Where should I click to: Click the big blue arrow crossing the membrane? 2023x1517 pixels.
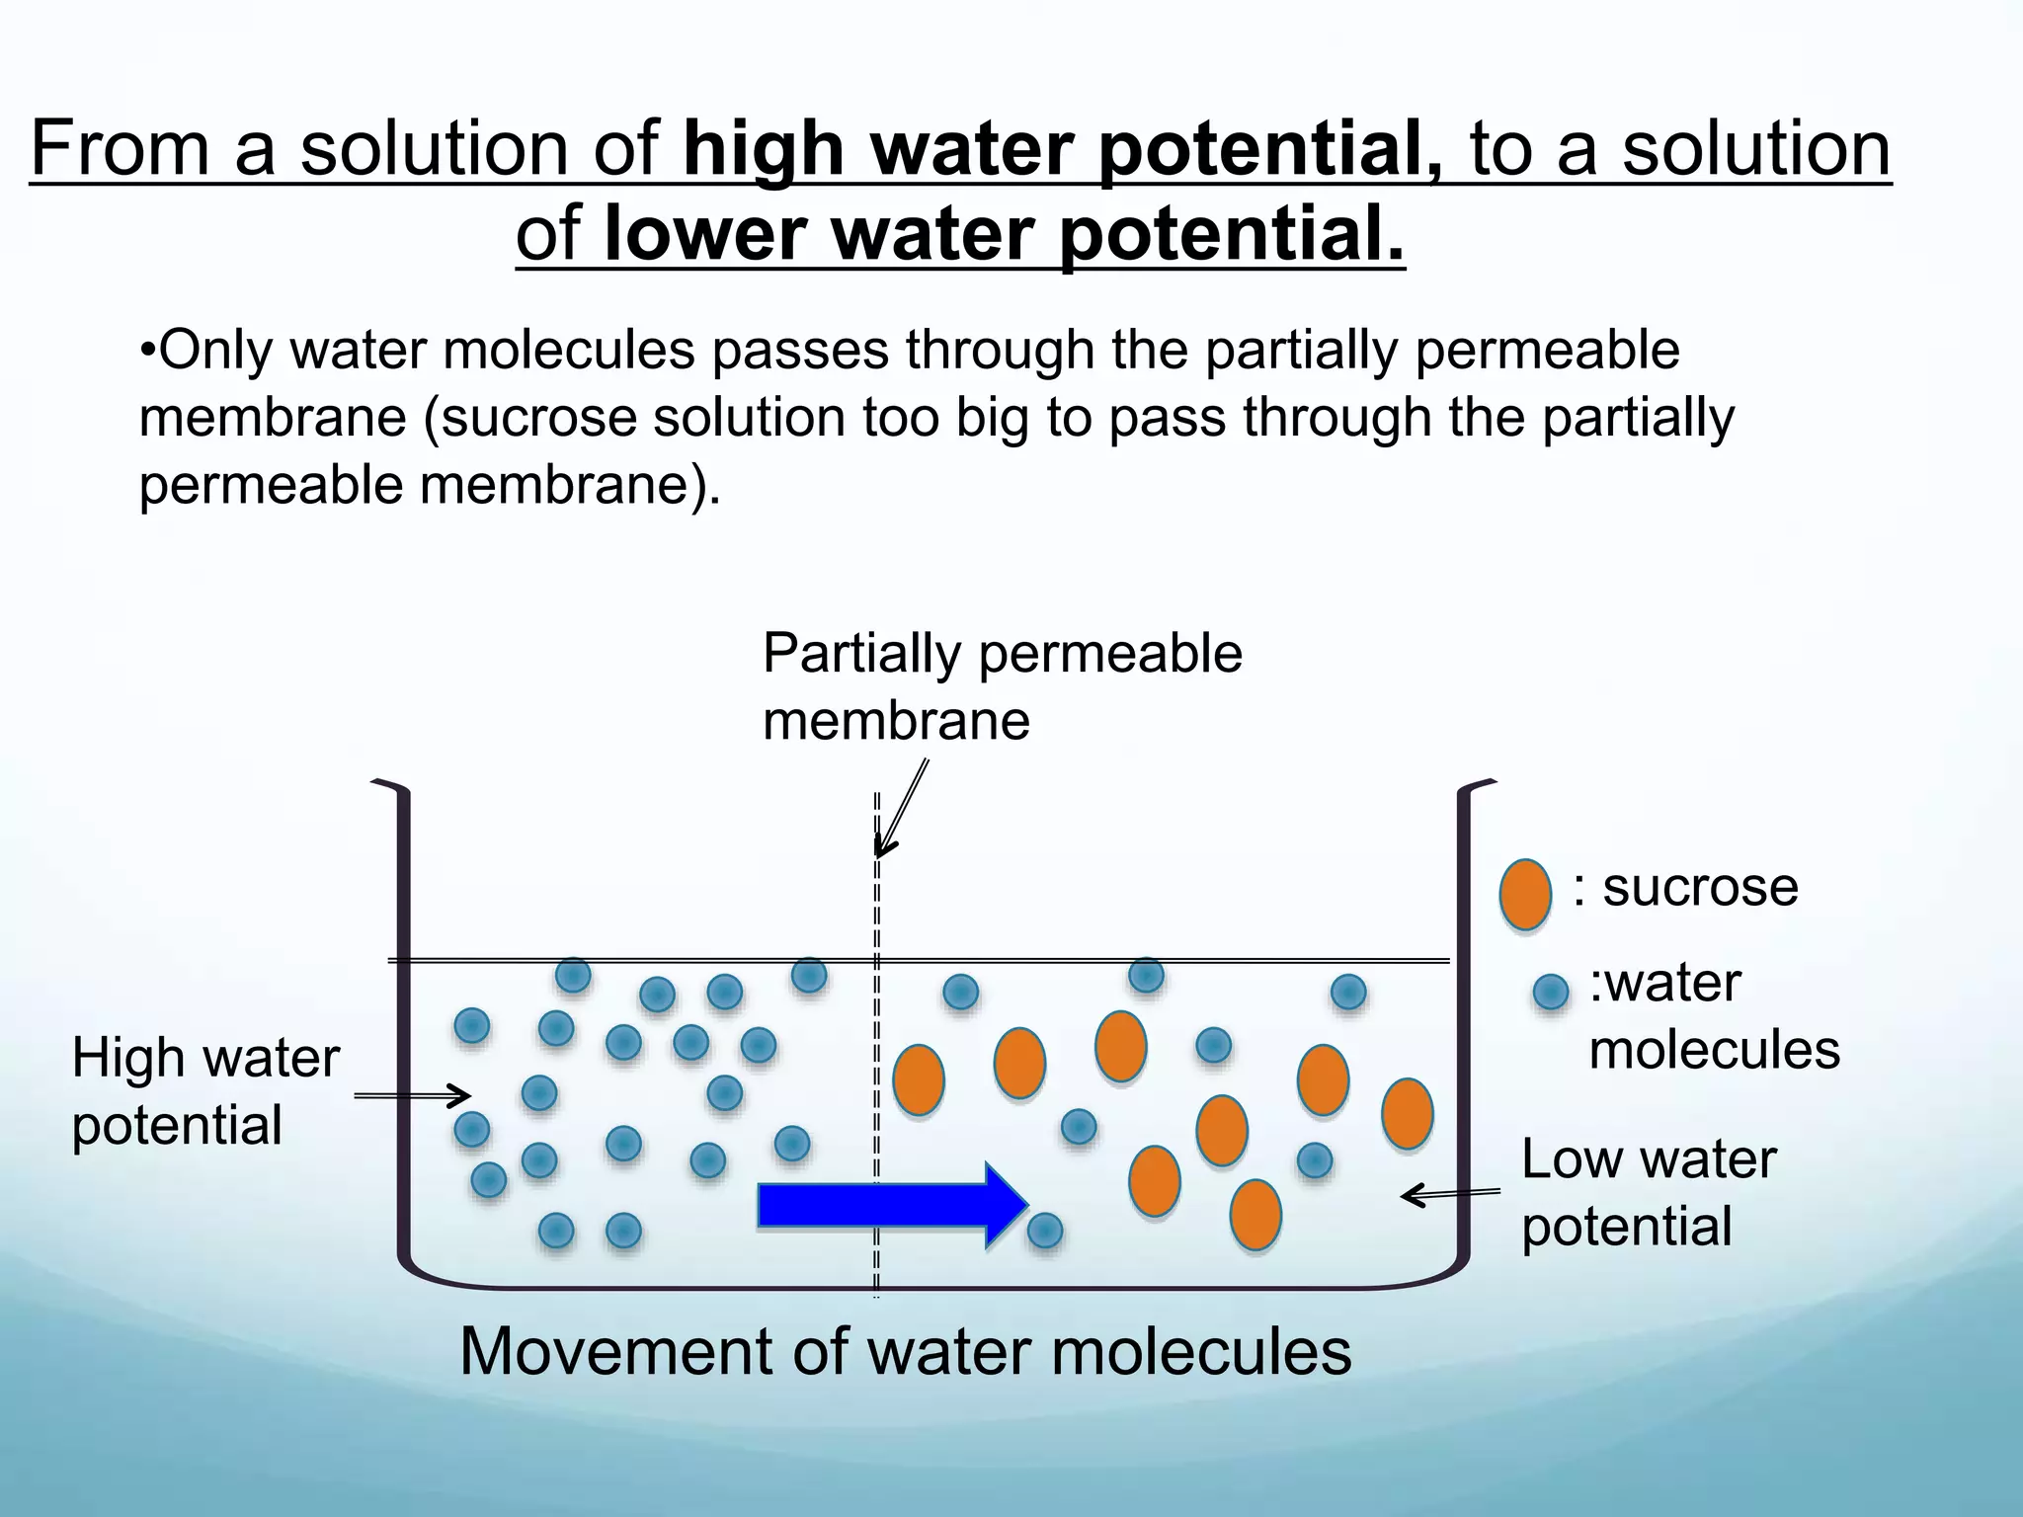click(x=889, y=1205)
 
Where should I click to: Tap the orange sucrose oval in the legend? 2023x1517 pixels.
click(x=1525, y=894)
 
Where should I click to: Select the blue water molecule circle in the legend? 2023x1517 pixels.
click(x=1551, y=992)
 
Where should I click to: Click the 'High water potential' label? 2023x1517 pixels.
click(x=205, y=1091)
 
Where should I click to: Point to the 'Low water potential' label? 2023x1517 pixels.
click(x=1648, y=1192)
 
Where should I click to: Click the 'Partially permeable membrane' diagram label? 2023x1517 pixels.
click(x=1001, y=686)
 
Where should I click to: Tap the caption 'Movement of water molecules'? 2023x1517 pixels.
click(x=905, y=1351)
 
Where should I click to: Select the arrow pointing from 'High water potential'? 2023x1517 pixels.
click(x=412, y=1095)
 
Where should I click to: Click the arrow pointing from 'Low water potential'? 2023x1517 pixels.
click(x=1450, y=1195)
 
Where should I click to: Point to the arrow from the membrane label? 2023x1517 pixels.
click(x=901, y=808)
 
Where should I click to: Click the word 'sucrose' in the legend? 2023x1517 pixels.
click(x=1699, y=887)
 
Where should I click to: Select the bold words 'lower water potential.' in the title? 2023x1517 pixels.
click(x=1004, y=234)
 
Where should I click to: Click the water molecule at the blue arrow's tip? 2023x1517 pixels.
click(x=1045, y=1231)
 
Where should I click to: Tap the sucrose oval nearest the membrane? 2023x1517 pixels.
click(x=918, y=1080)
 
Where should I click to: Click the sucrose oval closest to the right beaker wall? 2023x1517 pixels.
click(x=1407, y=1113)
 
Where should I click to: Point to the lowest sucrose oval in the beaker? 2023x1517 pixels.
click(x=1255, y=1215)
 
